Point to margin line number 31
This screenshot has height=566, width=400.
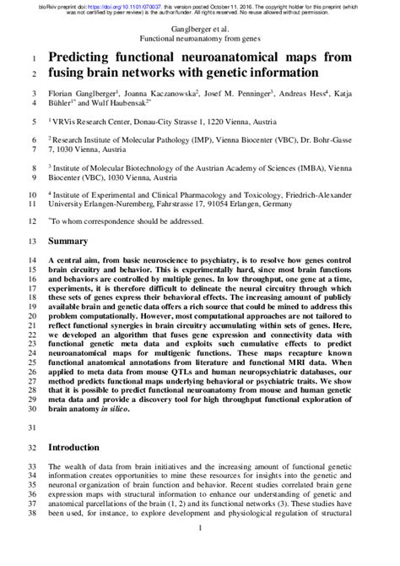coord(31,427)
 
